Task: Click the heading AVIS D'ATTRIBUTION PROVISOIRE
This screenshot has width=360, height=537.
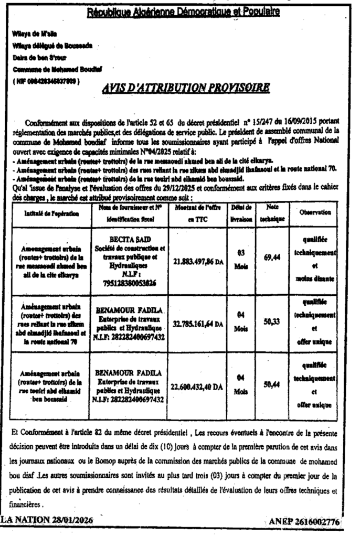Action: (187, 87)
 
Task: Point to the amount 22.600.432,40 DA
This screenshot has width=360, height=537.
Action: (196, 387)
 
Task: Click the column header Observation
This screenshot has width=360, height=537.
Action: (315, 213)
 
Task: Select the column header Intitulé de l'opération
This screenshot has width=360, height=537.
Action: (51, 214)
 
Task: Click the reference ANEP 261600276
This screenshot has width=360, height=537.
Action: (303, 521)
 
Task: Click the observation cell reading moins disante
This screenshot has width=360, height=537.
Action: (315, 279)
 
